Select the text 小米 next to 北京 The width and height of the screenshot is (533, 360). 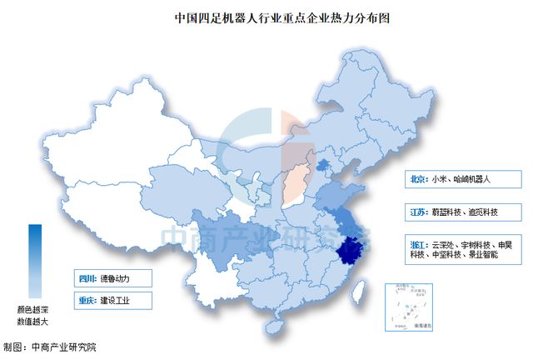coord(441,178)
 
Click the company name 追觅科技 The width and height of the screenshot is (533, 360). coord(483,212)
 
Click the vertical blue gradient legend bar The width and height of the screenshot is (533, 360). coord(34,261)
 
